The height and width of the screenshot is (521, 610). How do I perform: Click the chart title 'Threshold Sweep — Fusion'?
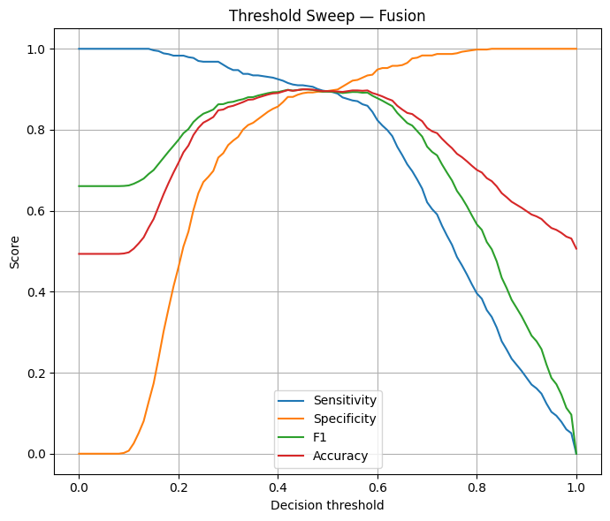[327, 16]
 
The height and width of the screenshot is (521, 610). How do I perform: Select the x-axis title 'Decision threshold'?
[327, 505]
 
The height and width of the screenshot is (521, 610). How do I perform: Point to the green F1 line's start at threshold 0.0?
[79, 186]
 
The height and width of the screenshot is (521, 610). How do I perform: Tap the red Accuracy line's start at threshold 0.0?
[79, 253]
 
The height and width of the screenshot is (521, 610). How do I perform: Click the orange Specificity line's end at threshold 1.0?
[576, 49]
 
